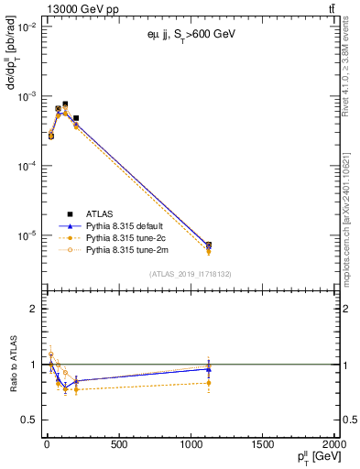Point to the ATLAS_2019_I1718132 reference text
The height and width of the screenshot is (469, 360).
click(189, 273)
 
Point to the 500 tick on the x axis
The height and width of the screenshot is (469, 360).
click(118, 443)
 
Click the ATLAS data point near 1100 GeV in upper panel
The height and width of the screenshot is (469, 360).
click(209, 245)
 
